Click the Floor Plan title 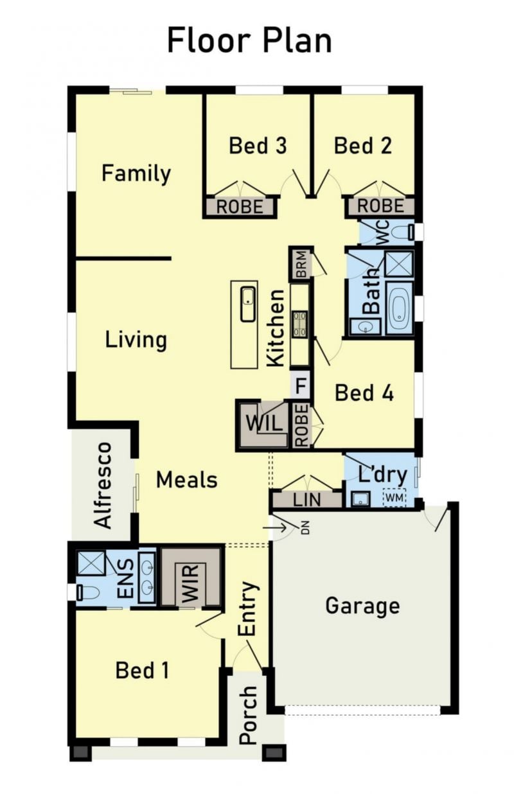click(249, 42)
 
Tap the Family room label click(136, 173)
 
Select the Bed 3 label click(258, 146)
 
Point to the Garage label click(362, 606)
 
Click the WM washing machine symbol click(394, 498)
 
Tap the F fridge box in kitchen click(301, 385)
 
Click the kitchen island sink click(248, 304)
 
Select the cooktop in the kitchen click(299, 324)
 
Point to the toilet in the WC click(403, 233)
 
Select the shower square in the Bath click(399, 264)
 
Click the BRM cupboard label click(301, 264)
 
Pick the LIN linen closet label click(306, 500)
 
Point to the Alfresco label click(103, 486)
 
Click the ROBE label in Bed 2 click(380, 206)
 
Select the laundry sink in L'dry click(360, 499)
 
